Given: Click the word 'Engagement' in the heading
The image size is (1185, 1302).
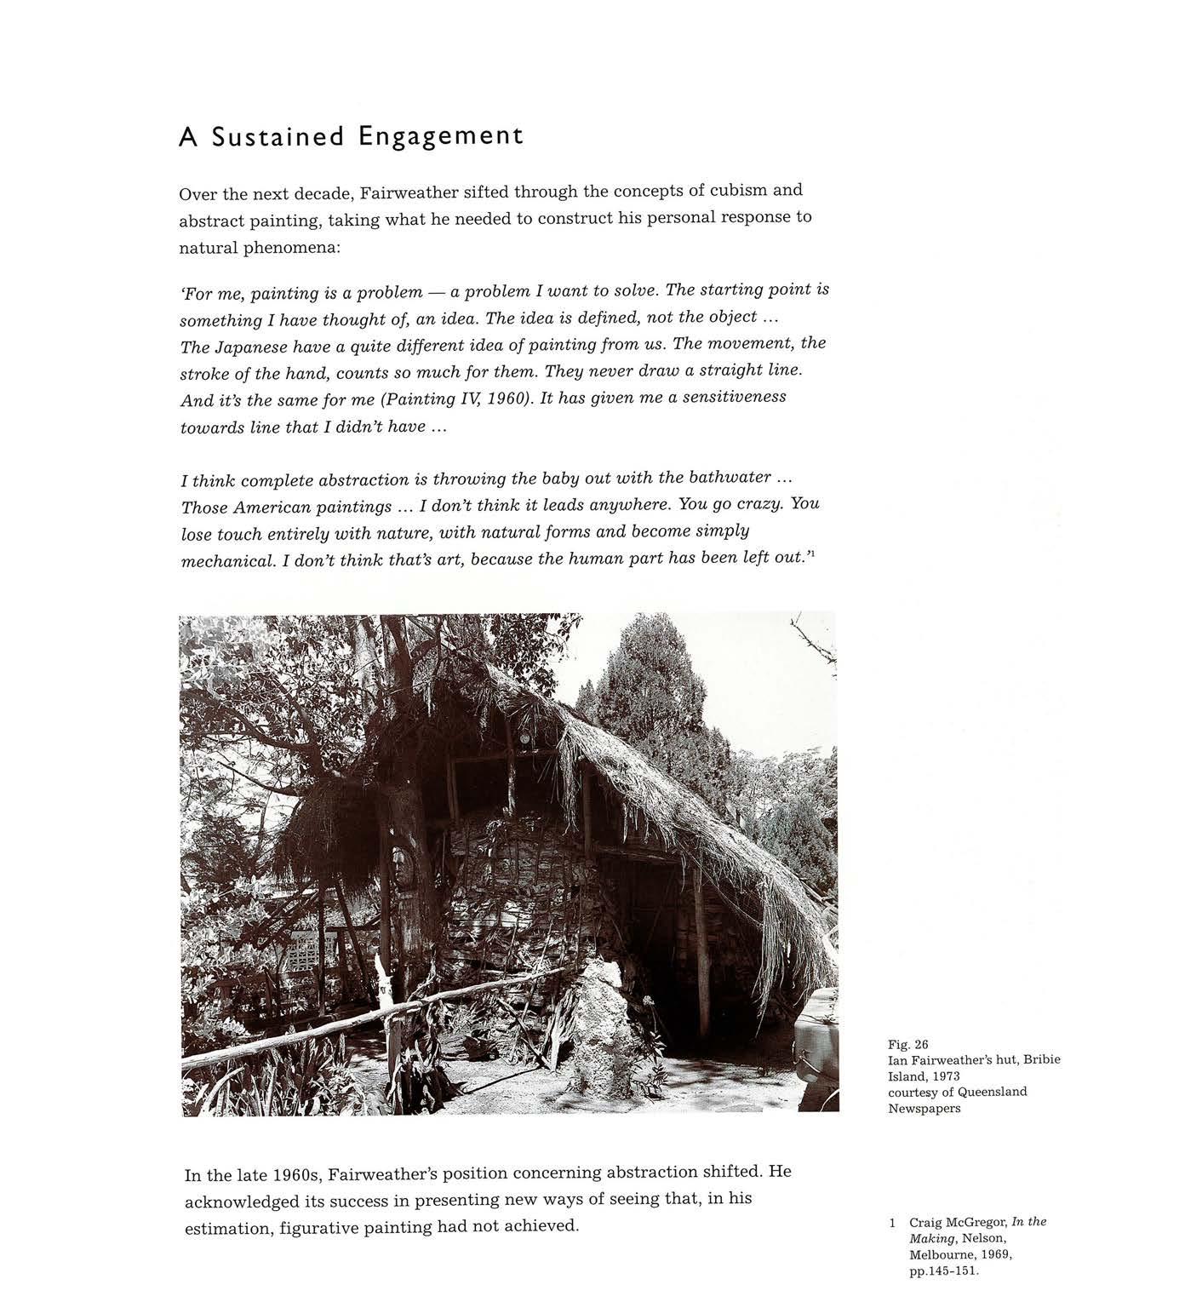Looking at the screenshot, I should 440,136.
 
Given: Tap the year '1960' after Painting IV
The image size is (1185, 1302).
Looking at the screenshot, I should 500,399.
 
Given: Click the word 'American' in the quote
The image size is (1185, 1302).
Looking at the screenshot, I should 272,507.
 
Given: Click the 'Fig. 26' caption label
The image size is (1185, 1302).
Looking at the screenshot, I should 907,1044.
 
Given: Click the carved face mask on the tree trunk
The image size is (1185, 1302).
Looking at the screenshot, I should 402,869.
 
